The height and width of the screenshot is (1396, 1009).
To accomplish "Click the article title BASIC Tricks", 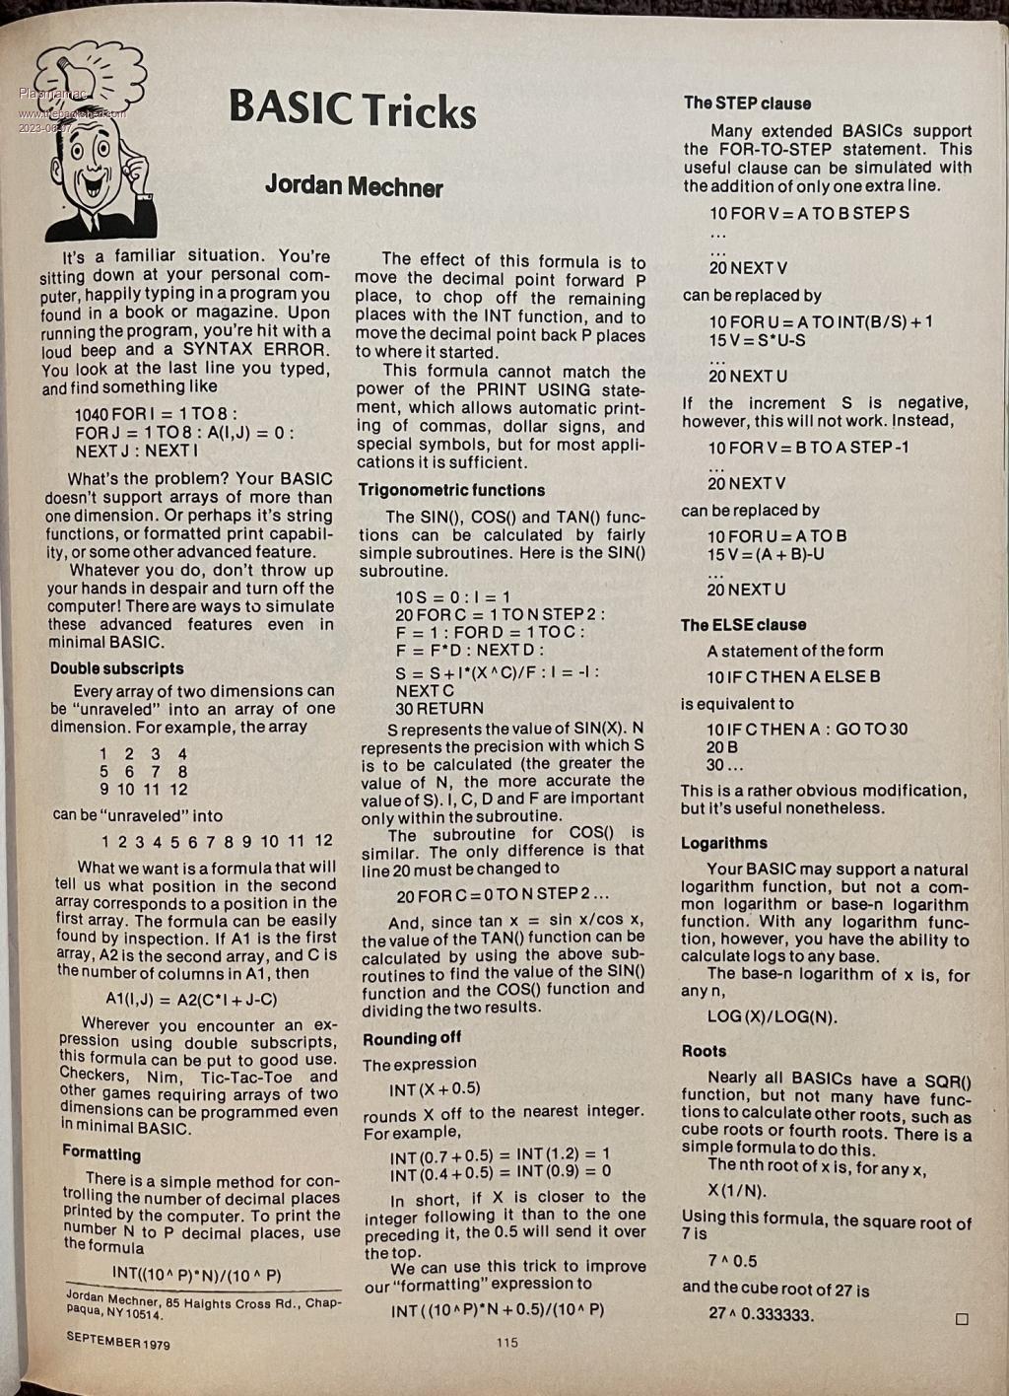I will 352,108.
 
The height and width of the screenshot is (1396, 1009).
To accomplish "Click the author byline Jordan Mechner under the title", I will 354,186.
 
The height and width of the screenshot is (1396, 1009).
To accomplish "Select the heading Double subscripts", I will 117,667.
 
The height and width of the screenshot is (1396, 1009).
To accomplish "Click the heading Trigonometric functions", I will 451,490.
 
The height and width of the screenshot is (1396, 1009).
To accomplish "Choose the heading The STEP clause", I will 747,103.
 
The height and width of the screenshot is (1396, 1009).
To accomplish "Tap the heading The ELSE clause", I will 743,624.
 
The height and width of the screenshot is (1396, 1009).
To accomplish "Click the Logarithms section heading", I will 723,843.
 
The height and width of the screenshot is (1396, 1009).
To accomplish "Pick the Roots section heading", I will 704,1051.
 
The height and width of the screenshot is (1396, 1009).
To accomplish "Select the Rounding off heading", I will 412,1038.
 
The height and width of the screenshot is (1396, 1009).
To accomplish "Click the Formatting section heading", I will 101,1152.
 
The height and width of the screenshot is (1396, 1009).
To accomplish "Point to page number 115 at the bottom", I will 507,1342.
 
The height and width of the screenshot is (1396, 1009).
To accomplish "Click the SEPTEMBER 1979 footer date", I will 118,1341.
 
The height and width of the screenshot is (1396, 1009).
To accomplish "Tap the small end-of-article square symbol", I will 962,1318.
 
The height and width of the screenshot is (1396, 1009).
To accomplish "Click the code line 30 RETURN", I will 439,708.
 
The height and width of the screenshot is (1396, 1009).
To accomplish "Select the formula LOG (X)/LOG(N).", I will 773,1016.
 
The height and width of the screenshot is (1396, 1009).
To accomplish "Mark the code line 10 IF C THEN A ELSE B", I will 793,677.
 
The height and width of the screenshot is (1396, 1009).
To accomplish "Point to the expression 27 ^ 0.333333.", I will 761,1314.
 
